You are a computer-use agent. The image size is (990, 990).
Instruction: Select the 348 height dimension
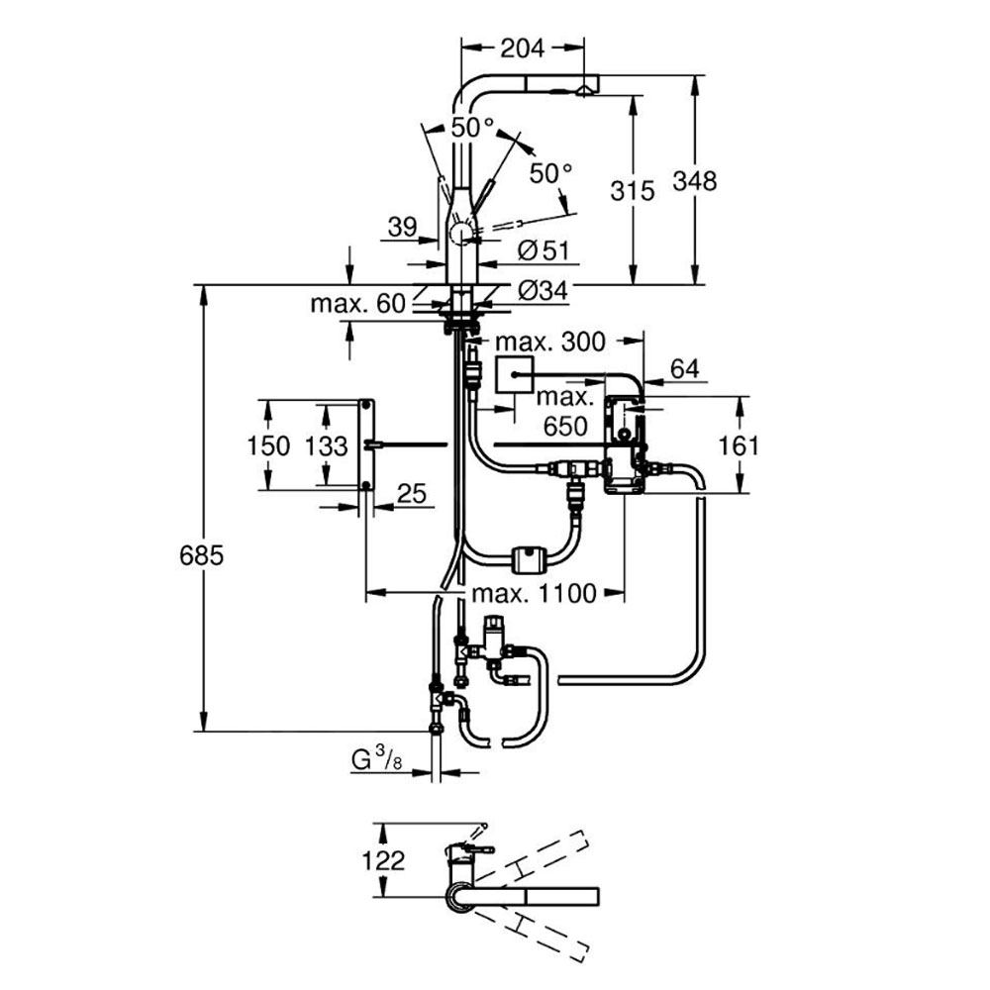tap(693, 181)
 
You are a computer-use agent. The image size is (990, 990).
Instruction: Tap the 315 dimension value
tap(634, 190)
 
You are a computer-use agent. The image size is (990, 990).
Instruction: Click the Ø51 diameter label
tap(544, 251)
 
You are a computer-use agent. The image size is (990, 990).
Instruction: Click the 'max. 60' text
tap(357, 303)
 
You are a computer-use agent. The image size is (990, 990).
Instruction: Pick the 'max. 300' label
tap(550, 343)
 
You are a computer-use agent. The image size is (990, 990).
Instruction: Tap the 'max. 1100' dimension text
tap(534, 593)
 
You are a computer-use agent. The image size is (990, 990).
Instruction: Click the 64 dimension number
tap(684, 369)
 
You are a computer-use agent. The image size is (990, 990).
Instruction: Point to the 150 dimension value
tap(269, 445)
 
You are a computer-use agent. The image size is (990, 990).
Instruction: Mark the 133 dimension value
tap(326, 445)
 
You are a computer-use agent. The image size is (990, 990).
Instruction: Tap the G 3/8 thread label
tap(376, 760)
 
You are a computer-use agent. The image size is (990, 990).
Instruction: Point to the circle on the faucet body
tap(460, 235)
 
